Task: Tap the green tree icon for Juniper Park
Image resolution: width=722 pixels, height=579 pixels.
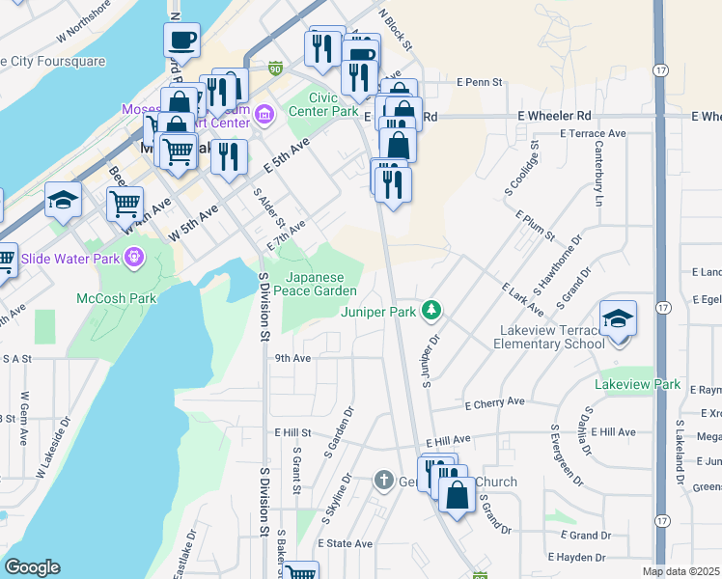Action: [434, 311]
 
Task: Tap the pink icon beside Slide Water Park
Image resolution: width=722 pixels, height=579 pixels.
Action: [133, 258]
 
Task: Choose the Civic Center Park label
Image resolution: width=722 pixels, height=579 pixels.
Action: [333, 104]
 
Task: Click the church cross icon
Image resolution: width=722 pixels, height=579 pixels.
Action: [383, 481]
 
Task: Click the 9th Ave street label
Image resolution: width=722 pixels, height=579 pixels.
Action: [292, 358]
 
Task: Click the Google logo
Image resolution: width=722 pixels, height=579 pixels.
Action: [32, 567]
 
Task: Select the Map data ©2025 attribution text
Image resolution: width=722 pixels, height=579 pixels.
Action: [680, 571]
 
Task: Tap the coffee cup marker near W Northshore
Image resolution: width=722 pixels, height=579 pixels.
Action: [180, 41]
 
